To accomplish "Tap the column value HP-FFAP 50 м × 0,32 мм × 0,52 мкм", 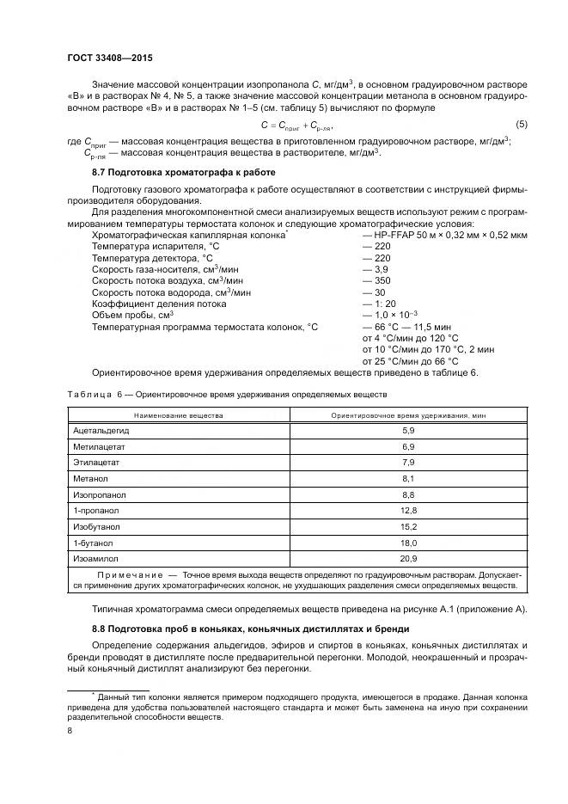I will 445,235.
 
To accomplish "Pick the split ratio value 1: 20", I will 380,304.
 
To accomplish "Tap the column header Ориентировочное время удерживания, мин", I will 408,414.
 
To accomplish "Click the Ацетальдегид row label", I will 101,429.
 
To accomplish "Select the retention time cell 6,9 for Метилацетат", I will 408,447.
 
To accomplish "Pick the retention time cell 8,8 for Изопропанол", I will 408,495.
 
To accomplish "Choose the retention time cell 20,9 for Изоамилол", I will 408,559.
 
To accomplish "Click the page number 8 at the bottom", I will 70,731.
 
